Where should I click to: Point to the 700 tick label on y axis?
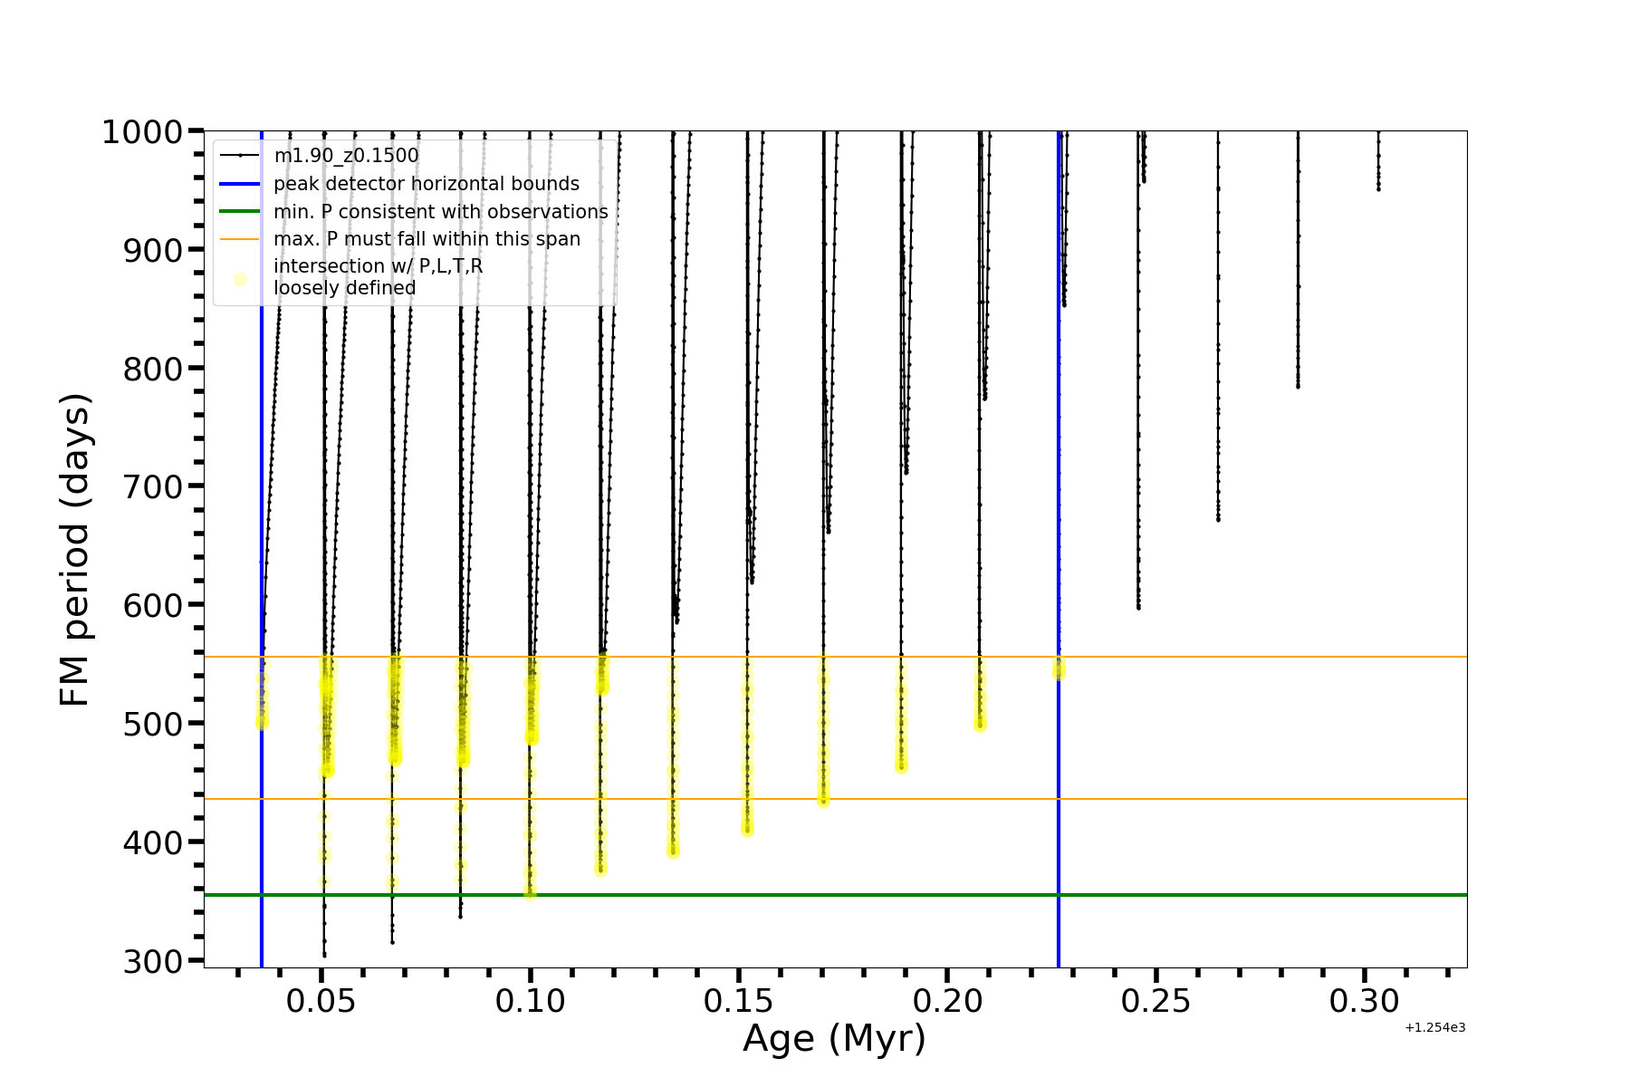(x=153, y=487)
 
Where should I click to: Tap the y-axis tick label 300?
(x=153, y=961)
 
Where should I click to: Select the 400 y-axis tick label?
(x=153, y=842)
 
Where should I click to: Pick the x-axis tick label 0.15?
(x=740, y=1002)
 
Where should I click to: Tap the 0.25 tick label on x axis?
(x=1156, y=1002)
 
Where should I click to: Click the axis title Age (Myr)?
(x=834, y=1039)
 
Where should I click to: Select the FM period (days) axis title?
(x=76, y=550)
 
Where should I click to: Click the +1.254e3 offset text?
(x=1434, y=1028)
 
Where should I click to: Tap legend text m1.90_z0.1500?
(x=346, y=156)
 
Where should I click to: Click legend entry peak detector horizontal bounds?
(x=426, y=184)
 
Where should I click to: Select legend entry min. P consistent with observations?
(x=440, y=212)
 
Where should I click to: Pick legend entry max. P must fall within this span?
(x=427, y=239)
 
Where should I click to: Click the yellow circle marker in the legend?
(x=240, y=279)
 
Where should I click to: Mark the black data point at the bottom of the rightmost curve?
(x=1378, y=188)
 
